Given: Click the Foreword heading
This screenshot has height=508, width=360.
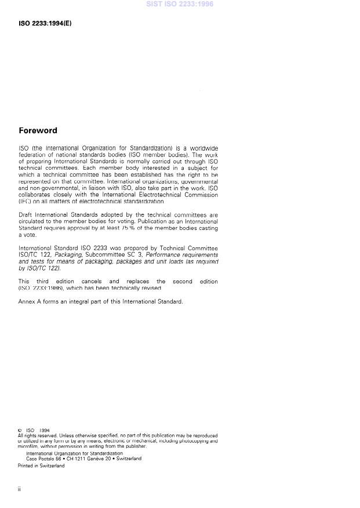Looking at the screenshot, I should pyautogui.click(x=38, y=131).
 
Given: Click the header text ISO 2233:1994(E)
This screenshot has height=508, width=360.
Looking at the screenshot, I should pyautogui.click(x=45, y=24).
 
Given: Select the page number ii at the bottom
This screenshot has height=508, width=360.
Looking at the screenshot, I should pyautogui.click(x=20, y=489).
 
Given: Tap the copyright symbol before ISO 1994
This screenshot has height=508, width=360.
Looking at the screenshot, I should pyautogui.click(x=20, y=430).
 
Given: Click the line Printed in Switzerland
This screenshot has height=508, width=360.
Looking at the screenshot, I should pyautogui.click(x=41, y=466).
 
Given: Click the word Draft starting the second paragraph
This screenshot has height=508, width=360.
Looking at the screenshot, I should pyautogui.click(x=26, y=214).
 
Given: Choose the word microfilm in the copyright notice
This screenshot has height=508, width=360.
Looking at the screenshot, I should pyautogui.click(x=29, y=447).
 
